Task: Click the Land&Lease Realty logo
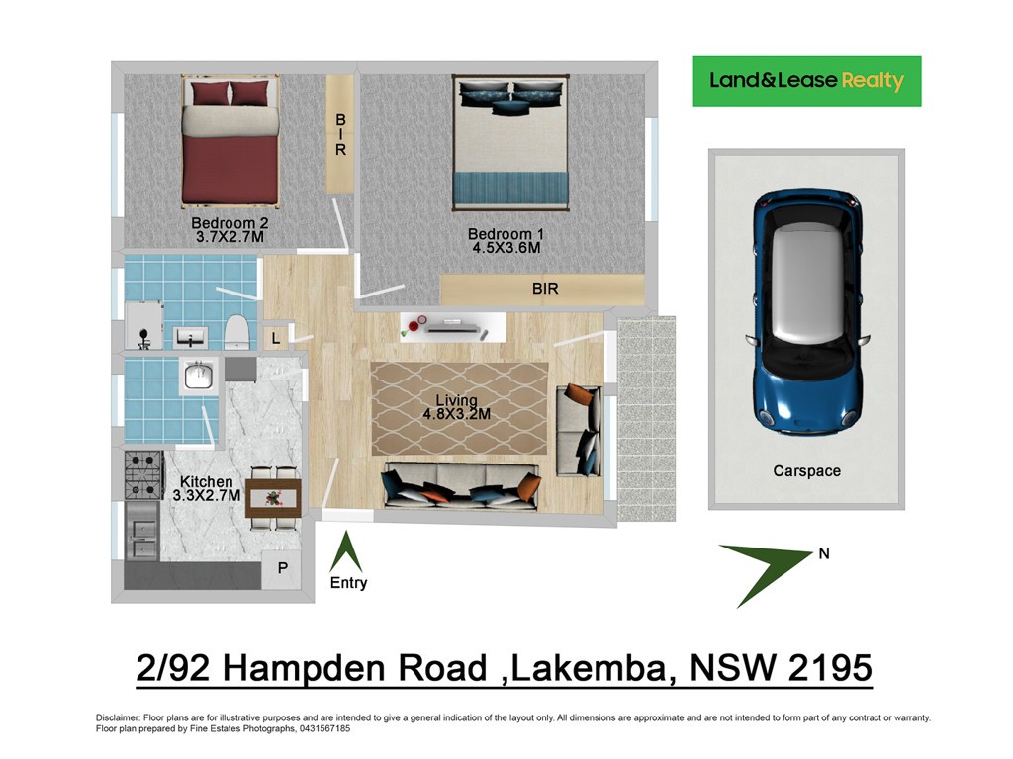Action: pos(807,81)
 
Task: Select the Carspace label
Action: pos(807,471)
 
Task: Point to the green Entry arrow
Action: pos(346,551)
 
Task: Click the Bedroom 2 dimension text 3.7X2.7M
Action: pos(230,237)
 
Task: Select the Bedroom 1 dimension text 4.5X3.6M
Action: pos(506,248)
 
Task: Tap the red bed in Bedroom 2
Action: pos(230,140)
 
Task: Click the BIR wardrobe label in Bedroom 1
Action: pos(545,289)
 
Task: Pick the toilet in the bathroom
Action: pos(236,332)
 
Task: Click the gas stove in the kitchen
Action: pos(143,475)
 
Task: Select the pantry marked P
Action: pos(282,569)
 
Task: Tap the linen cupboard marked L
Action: pos(276,338)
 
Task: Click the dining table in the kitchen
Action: pos(274,498)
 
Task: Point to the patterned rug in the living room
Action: pos(459,408)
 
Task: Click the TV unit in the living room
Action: pos(452,327)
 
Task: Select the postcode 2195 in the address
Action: pos(830,667)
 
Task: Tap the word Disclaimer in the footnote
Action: pos(118,717)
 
